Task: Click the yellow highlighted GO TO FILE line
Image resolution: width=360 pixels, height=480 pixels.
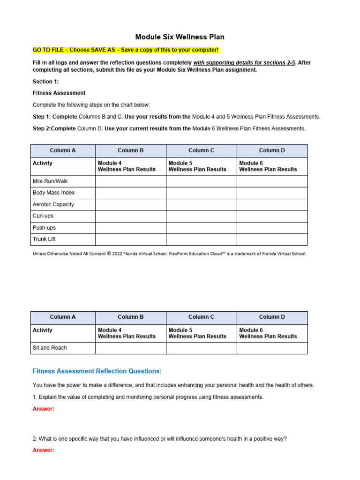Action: (125, 50)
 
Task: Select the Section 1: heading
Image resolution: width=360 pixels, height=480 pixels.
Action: (45, 82)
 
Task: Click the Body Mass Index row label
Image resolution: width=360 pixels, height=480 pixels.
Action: (53, 193)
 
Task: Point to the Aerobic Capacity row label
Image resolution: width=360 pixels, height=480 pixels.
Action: (53, 204)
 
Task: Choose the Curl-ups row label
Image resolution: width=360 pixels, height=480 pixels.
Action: (44, 216)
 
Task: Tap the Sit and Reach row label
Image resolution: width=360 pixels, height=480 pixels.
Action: (50, 348)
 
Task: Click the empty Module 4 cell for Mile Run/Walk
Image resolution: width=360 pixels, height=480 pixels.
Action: (131, 181)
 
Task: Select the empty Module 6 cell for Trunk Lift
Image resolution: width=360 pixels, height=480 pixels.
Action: (272, 240)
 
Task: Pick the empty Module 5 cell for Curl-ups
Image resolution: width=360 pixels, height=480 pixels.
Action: (202, 216)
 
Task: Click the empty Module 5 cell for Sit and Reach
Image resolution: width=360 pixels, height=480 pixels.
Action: (202, 348)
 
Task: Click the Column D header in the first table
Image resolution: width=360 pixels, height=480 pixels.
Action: (272, 150)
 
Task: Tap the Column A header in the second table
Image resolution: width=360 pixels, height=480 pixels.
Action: (63, 317)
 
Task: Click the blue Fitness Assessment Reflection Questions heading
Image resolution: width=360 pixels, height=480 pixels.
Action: (97, 371)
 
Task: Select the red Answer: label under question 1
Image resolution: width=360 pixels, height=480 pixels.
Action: (44, 409)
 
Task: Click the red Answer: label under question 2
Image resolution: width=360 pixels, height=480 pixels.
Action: (44, 450)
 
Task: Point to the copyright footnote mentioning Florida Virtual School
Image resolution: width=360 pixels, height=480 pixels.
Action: (169, 254)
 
